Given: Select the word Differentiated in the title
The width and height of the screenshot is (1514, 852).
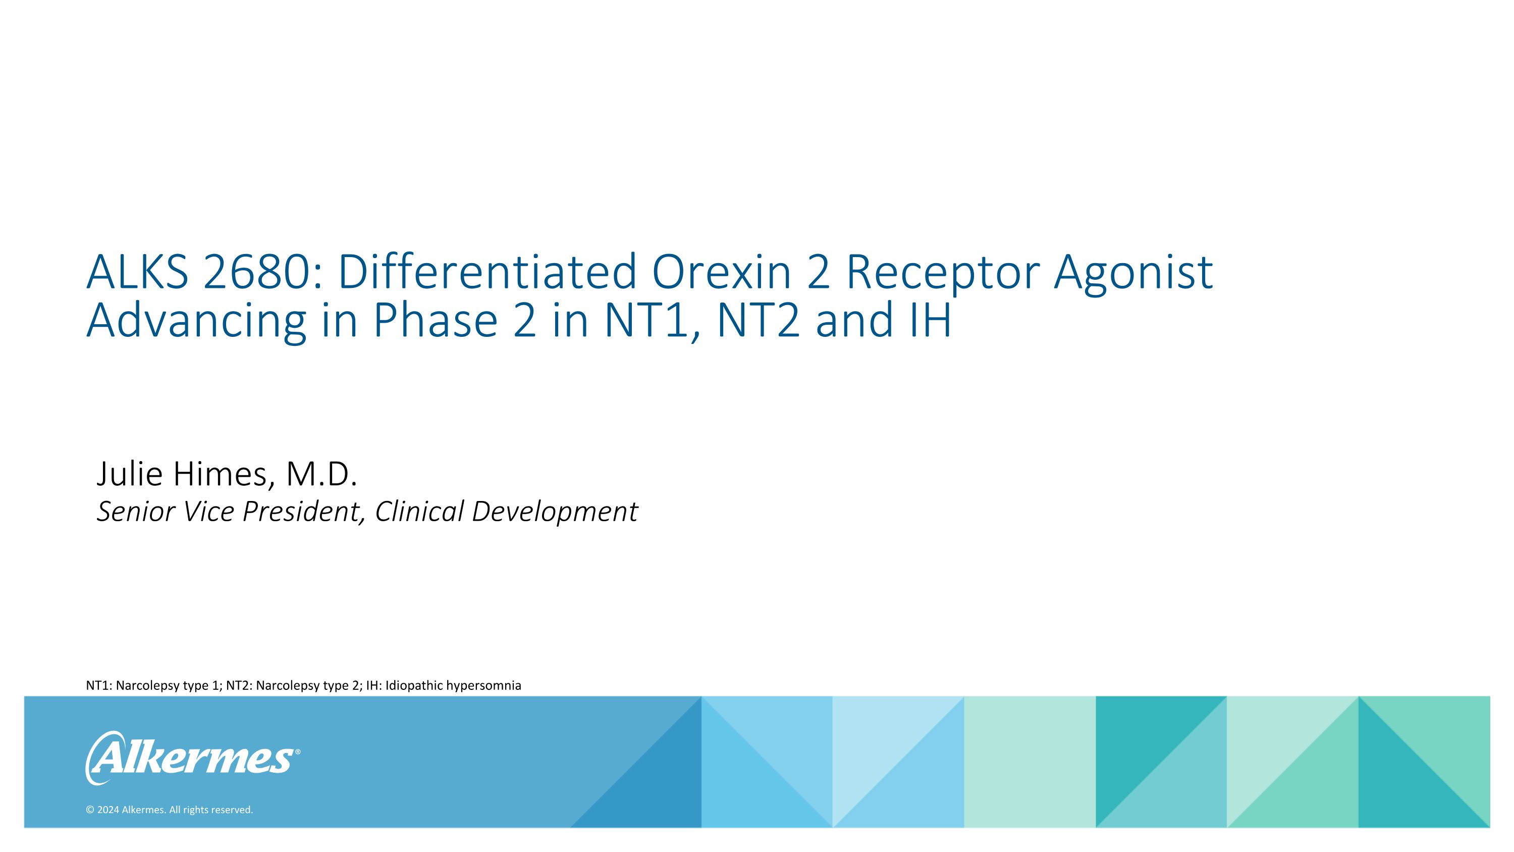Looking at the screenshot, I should [486, 272].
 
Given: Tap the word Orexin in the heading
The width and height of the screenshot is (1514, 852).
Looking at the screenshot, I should [721, 272].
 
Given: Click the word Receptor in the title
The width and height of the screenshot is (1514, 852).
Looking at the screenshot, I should [942, 272].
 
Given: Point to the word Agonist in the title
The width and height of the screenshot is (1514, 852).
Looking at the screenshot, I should [1132, 272].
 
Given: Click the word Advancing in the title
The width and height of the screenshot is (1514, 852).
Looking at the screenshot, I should [196, 321].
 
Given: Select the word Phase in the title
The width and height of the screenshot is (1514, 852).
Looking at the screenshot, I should [436, 321].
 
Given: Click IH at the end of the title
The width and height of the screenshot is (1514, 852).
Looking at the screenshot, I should [930, 321].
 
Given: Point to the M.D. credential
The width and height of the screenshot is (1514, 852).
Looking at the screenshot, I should [321, 474].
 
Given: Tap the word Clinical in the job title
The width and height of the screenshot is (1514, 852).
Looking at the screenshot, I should [420, 511].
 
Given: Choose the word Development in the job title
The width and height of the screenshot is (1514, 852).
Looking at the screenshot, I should [554, 511].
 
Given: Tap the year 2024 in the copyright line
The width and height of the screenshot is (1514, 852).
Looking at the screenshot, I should [108, 810].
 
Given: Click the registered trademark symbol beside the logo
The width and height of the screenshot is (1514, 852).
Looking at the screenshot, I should [297, 752].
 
